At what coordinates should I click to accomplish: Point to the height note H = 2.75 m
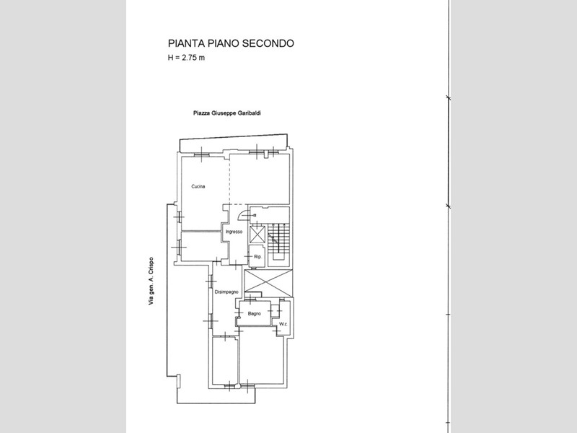[186, 58]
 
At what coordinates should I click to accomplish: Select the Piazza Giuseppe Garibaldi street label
[227, 113]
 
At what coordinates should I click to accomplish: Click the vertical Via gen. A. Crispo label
[151, 281]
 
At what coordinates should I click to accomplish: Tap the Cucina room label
[198, 187]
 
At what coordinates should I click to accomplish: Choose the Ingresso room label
[234, 232]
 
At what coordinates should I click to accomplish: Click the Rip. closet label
[257, 257]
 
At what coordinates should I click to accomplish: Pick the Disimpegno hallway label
[226, 292]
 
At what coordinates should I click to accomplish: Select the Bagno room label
[255, 314]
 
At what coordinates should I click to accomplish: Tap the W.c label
[283, 324]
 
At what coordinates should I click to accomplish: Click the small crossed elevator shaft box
[257, 235]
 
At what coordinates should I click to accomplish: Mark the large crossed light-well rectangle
[268, 283]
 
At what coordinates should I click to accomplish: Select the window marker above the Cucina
[202, 152]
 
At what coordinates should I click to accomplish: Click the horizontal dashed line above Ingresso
[236, 204]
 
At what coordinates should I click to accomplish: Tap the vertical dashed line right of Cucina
[229, 180]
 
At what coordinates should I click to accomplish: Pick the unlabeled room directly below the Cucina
[201, 247]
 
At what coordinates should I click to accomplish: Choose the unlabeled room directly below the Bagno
[261, 357]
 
